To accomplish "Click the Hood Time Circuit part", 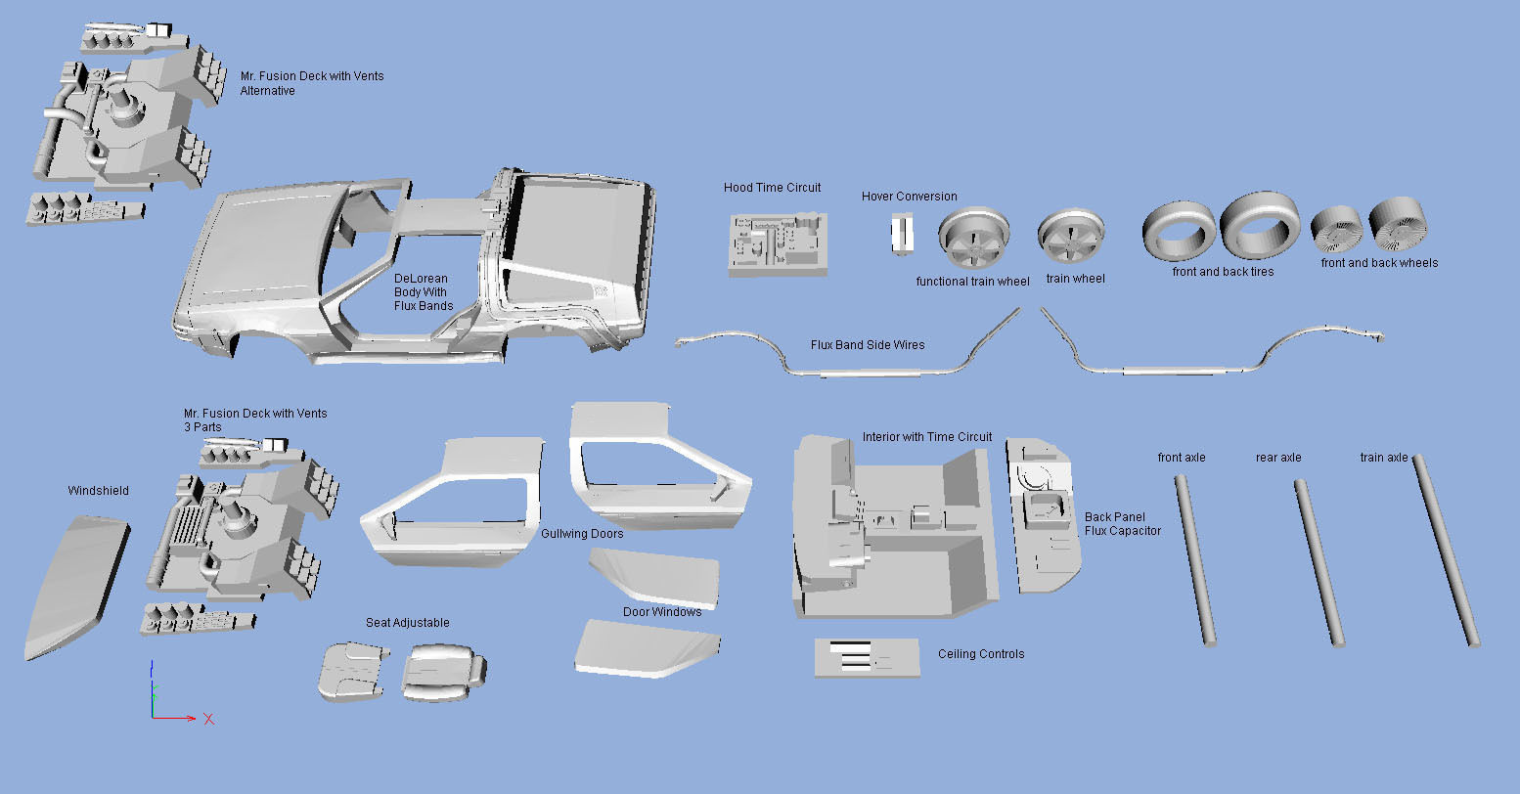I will (778, 244).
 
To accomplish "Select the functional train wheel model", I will (972, 240).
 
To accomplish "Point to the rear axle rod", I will (1319, 562).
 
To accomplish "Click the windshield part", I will (75, 587).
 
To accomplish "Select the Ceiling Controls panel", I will (867, 657).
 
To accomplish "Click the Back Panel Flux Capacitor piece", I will (1045, 515).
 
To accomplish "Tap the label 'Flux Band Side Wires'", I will (867, 344).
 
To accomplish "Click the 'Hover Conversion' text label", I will (909, 197).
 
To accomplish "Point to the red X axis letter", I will (208, 720).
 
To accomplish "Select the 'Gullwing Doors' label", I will (581, 534).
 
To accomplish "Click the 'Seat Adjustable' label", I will (407, 623).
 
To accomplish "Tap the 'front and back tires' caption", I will (1223, 272).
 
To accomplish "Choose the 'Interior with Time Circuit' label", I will (926, 437).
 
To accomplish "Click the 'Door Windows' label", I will (661, 612).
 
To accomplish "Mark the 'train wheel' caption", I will (1075, 279).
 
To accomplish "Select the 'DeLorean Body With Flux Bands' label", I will (423, 292).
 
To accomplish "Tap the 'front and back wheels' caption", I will (1379, 263).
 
